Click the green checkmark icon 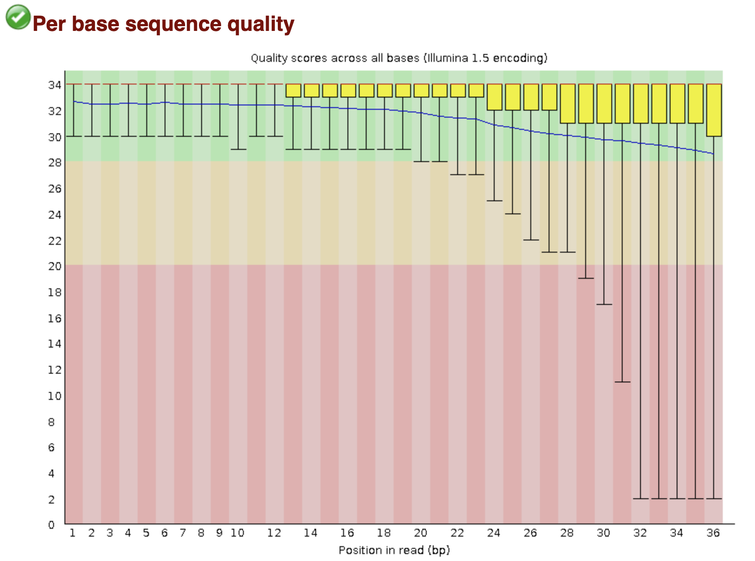(x=18, y=17)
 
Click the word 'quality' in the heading (x=261, y=24)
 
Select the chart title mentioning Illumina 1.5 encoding (x=399, y=58)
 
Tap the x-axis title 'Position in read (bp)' (x=394, y=550)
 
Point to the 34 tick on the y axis (x=54, y=85)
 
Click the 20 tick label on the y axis (x=54, y=266)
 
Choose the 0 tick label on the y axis (x=51, y=525)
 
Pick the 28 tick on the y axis (x=54, y=162)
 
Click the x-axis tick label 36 (x=713, y=533)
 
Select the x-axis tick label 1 (x=73, y=533)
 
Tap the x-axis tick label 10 (x=238, y=533)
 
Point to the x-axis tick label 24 (x=494, y=533)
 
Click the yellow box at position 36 (x=714, y=110)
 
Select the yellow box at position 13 (x=293, y=91)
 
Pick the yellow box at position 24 (x=494, y=97)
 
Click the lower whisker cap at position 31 (x=622, y=382)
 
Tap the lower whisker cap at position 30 (x=604, y=304)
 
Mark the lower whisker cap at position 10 (x=238, y=149)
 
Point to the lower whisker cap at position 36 (x=714, y=498)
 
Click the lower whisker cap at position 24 (x=494, y=201)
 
